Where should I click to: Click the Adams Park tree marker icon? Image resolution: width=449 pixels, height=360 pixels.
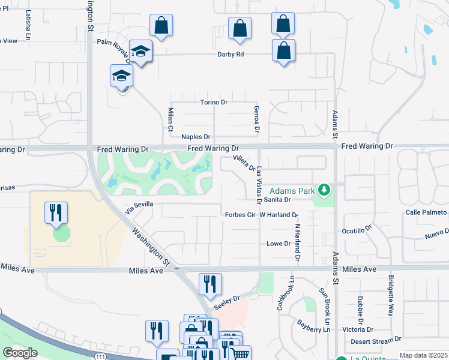325,191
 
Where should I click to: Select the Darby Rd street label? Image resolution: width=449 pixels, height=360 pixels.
231,54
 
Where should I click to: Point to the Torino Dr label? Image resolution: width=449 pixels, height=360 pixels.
214,102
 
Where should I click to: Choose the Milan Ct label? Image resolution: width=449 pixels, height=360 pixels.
170,119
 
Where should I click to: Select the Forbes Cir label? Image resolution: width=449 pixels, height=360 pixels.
241,214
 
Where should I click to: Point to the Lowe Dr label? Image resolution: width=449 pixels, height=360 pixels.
279,244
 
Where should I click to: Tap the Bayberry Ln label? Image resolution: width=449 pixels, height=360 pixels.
314,326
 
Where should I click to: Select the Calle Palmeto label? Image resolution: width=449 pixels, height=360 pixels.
426,212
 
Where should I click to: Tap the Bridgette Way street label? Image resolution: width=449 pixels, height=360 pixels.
391,296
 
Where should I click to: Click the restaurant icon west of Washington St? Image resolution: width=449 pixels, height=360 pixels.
56,213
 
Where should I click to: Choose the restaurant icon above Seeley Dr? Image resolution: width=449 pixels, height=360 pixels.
210,284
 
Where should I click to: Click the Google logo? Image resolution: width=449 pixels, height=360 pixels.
20,353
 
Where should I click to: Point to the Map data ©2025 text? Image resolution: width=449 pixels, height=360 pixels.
423,355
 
